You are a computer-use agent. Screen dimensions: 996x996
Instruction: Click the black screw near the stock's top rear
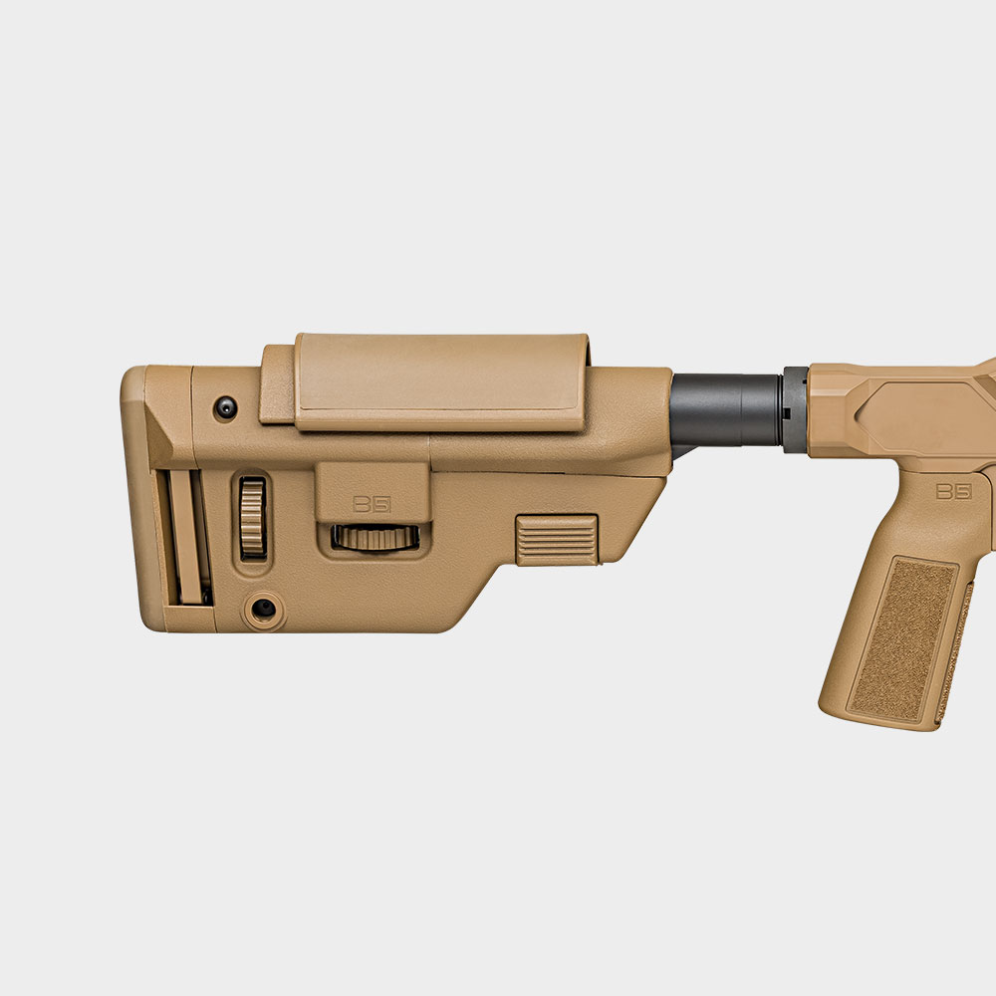[x=227, y=406]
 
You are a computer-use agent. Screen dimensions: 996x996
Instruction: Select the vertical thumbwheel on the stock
[x=253, y=518]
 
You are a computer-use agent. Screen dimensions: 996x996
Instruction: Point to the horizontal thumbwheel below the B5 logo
[x=374, y=538]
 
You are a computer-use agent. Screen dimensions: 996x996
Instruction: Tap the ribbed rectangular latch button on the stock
[x=557, y=540]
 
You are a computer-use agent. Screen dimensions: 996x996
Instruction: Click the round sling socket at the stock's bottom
[x=264, y=608]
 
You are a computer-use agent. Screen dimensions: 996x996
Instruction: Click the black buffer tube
[x=725, y=409]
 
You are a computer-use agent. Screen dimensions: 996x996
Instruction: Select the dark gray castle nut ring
[x=795, y=409]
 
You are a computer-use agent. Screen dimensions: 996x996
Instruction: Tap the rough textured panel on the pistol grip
[x=900, y=637]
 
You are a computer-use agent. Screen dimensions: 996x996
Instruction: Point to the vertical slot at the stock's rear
[x=185, y=538]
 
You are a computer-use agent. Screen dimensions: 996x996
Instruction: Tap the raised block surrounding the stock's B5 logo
[x=373, y=488]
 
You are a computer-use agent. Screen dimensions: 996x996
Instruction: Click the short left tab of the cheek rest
[x=277, y=383]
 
